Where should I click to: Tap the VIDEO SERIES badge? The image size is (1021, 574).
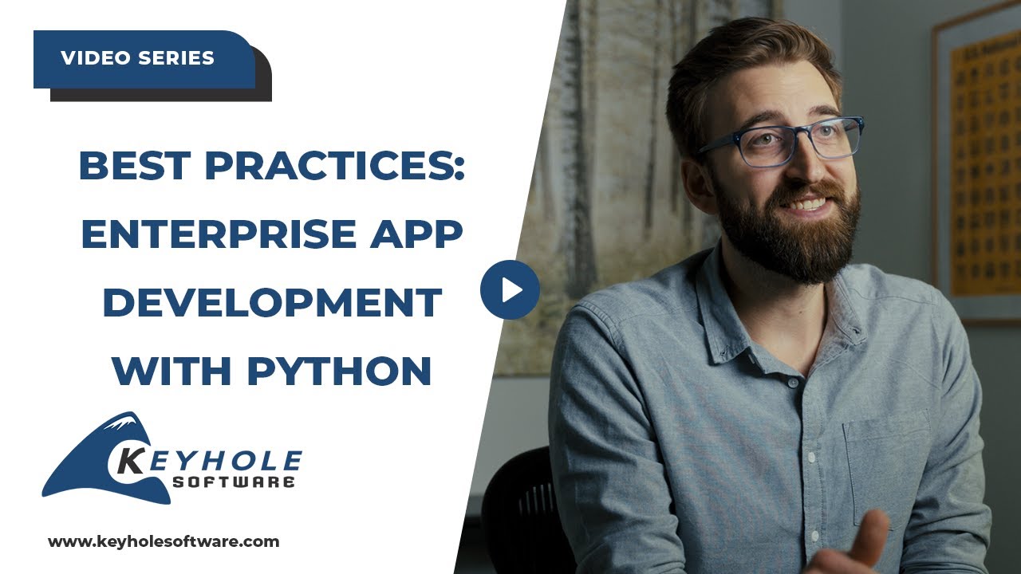coord(137,58)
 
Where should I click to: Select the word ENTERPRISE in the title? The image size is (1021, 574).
coord(218,233)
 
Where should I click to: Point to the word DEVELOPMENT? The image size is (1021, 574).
coord(272,302)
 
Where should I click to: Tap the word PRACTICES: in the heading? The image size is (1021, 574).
coord(335,165)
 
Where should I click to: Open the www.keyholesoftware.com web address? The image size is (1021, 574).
coord(164,542)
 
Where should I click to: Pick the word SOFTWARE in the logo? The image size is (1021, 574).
coord(234,482)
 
